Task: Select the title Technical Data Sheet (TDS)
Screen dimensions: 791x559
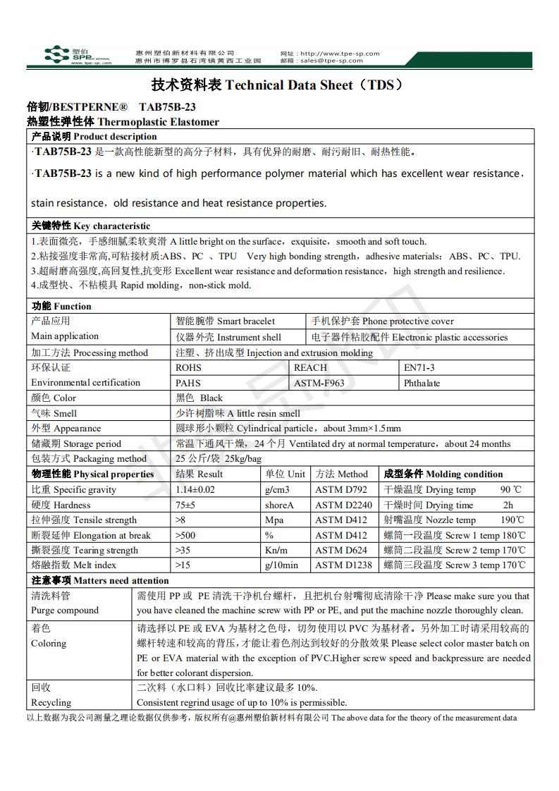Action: pyautogui.click(x=279, y=85)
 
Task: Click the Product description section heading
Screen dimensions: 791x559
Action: pyautogui.click(x=94, y=136)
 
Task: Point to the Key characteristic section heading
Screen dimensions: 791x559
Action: pyautogui.click(x=91, y=226)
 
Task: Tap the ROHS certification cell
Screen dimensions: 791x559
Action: pyautogui.click(x=188, y=367)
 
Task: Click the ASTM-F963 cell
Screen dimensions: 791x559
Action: pyautogui.click(x=319, y=383)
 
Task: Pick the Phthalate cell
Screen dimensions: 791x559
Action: pyautogui.click(x=422, y=383)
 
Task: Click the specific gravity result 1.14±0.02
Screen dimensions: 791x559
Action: pyautogui.click(x=195, y=489)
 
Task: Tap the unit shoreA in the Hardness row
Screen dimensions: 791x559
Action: pyautogui.click(x=279, y=505)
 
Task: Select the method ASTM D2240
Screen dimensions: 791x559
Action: pyautogui.click(x=342, y=505)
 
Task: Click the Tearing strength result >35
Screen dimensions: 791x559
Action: pyautogui.click(x=184, y=550)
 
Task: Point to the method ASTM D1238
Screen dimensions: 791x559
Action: pyautogui.click(x=342, y=565)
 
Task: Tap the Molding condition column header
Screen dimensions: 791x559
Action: pyautogui.click(x=443, y=474)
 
